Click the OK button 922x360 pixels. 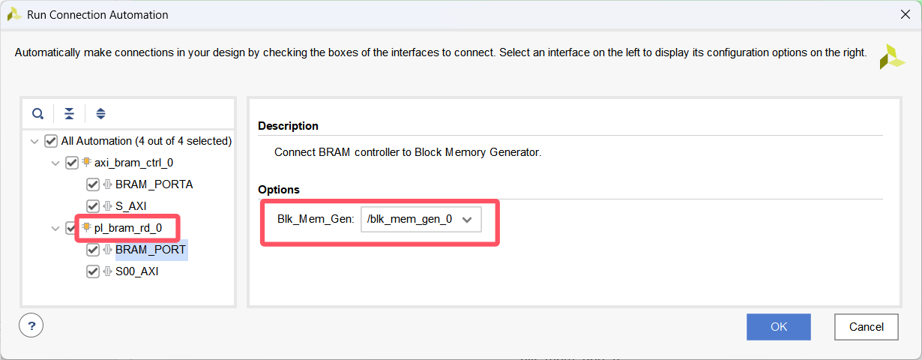tap(778, 326)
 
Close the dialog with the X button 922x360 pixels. tap(906, 14)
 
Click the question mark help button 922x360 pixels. tap(31, 325)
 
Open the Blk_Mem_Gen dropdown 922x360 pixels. tap(421, 219)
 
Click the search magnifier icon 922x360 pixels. tap(37, 114)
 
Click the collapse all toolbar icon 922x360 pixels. tap(69, 114)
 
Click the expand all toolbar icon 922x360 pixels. tap(100, 114)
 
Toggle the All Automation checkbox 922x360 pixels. tap(51, 141)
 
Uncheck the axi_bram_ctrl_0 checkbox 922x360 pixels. tap(72, 163)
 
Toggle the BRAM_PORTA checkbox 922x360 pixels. tap(93, 184)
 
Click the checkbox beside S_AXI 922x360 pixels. tap(93, 206)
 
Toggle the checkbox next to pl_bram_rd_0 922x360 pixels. tap(72, 228)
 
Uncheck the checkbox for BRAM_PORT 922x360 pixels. tap(93, 250)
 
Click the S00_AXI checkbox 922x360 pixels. tap(93, 271)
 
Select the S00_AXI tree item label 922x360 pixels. tap(136, 271)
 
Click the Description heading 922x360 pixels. tap(288, 126)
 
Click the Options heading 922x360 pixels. tap(278, 190)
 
